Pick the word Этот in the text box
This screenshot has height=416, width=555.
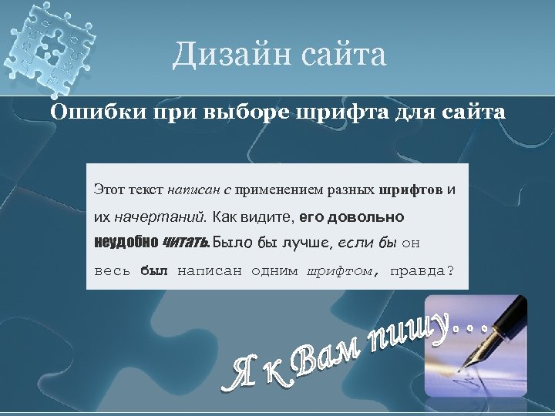109,188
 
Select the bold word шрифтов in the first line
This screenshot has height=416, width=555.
412,188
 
